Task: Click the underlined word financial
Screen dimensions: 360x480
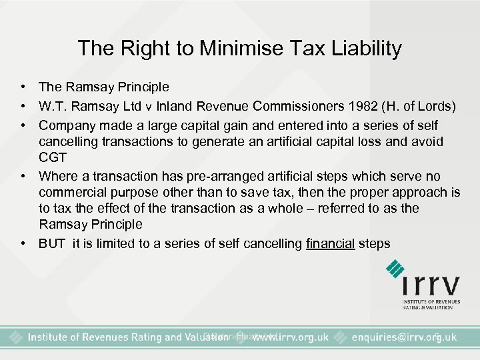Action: pyautogui.click(x=331, y=243)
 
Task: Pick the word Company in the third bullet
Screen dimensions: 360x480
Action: pyautogui.click(x=64, y=125)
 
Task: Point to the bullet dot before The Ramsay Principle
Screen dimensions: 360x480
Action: pyautogui.click(x=23, y=87)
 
